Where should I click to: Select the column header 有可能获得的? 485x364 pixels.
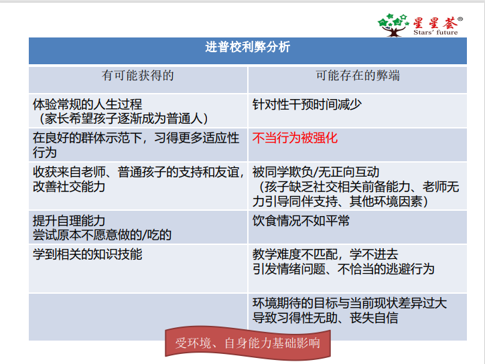(137, 76)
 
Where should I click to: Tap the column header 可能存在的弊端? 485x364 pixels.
(358, 76)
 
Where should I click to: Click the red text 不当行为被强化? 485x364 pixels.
(295, 139)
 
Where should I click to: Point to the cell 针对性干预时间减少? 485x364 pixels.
(307, 104)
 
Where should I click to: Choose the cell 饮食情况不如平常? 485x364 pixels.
(301, 221)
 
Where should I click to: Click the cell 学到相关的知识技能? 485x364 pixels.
(87, 254)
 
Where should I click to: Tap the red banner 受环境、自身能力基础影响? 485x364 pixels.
(248, 343)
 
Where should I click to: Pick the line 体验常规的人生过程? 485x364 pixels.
(87, 104)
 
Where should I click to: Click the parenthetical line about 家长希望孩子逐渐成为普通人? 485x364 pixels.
(123, 118)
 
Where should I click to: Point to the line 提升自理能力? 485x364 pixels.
(69, 221)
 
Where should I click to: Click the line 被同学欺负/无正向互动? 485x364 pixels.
(316, 172)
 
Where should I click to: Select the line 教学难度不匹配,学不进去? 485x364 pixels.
(325, 254)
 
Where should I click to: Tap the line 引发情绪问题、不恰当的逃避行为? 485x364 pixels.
(343, 268)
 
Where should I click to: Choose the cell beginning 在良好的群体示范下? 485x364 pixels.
(136, 145)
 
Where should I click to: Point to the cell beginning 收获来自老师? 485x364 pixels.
(137, 179)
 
